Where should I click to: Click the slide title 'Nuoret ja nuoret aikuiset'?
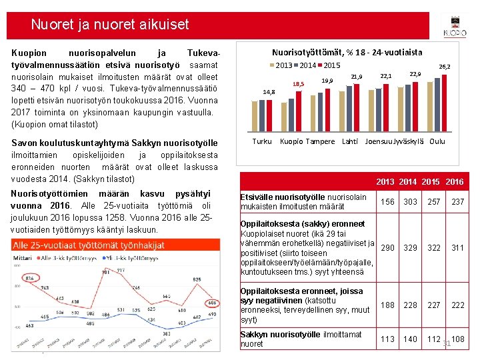pos(110,25)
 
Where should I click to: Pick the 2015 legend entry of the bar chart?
pos(327,65)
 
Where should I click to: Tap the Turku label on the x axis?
pos(261,141)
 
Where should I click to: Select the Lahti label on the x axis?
pos(350,141)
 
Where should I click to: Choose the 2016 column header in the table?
pos(455,182)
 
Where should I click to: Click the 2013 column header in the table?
pos(385,182)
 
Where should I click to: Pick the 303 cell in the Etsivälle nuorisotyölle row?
pos(410,201)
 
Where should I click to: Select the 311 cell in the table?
pos(457,248)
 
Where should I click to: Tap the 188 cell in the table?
pos(387,305)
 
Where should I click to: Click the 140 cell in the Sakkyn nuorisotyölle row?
pos(410,339)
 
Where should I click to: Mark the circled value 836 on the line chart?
pos(29,277)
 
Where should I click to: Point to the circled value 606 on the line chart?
pos(211,303)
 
